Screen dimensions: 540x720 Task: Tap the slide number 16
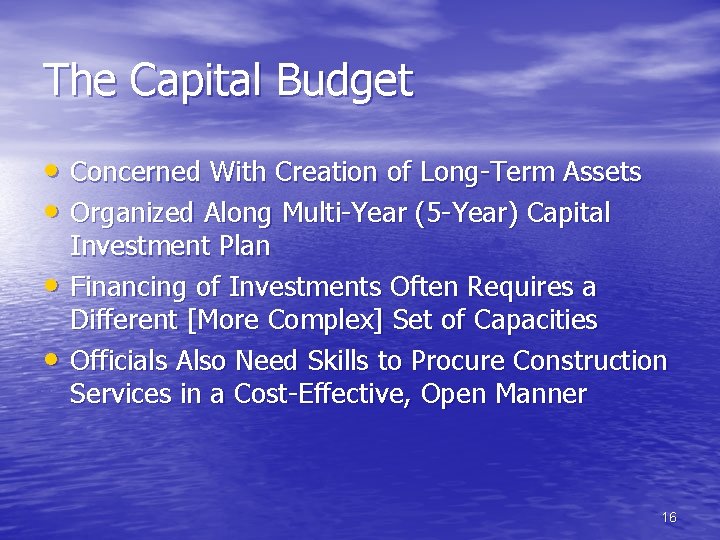pyautogui.click(x=669, y=517)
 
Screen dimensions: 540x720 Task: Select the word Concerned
pyautogui.click(x=136, y=173)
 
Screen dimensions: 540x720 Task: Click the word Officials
pyautogui.click(x=119, y=361)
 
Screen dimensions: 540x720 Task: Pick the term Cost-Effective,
pyautogui.click(x=324, y=394)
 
